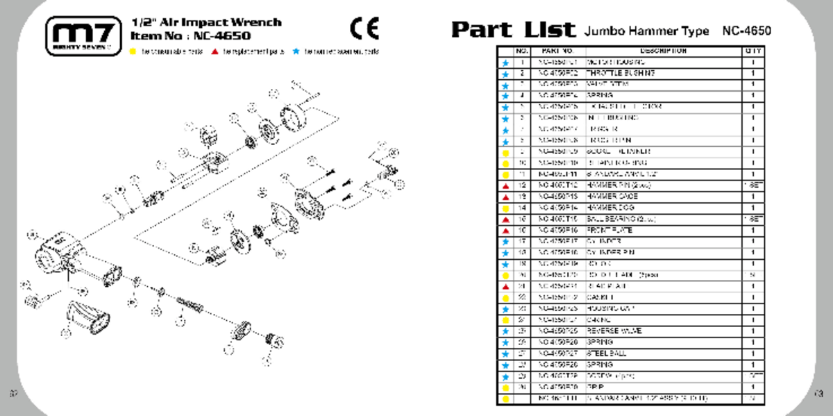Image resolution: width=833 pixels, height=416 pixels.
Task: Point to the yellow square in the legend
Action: pos(133,52)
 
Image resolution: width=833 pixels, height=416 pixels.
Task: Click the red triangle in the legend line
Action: pos(216,52)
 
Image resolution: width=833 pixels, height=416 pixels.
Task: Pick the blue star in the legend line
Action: pos(297,52)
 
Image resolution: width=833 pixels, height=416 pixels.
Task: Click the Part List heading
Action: pos(513,30)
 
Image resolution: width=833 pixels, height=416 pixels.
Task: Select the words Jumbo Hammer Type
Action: pos(647,31)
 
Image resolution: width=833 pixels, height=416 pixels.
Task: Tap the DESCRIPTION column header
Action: pos(663,51)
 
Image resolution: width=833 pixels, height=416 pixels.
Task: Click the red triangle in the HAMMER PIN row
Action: pos(505,186)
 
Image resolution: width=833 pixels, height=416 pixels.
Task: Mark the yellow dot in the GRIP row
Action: pos(505,388)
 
